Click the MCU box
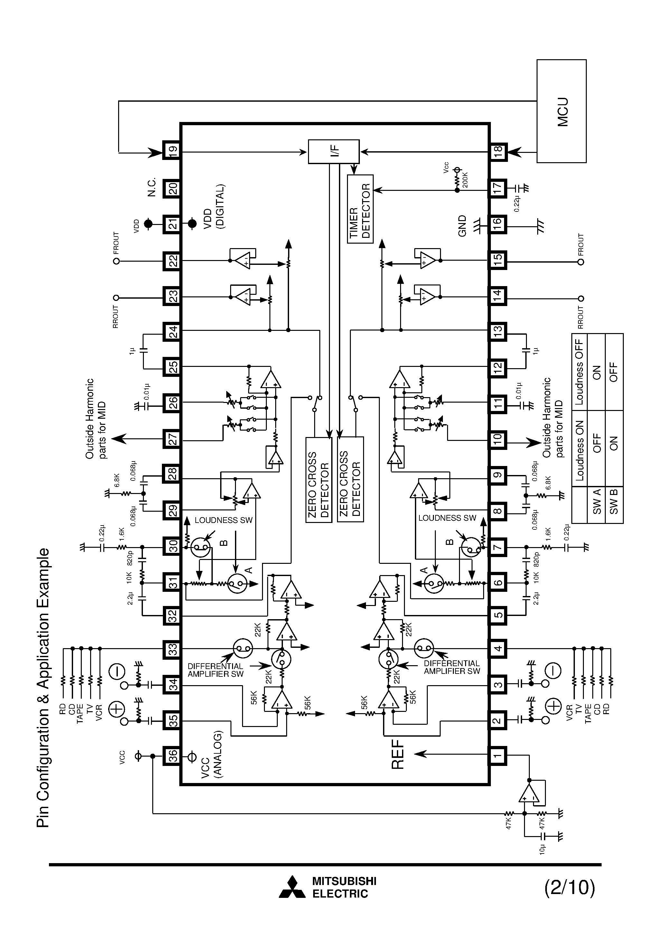[x=561, y=111]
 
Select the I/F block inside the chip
[x=334, y=152]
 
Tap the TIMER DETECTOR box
[x=360, y=209]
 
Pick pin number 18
[x=498, y=152]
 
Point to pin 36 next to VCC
[x=172, y=755]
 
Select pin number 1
[x=497, y=755]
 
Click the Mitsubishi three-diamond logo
[x=292, y=887]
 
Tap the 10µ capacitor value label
[x=542, y=849]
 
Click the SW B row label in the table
[x=614, y=505]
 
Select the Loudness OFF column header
[x=579, y=371]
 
